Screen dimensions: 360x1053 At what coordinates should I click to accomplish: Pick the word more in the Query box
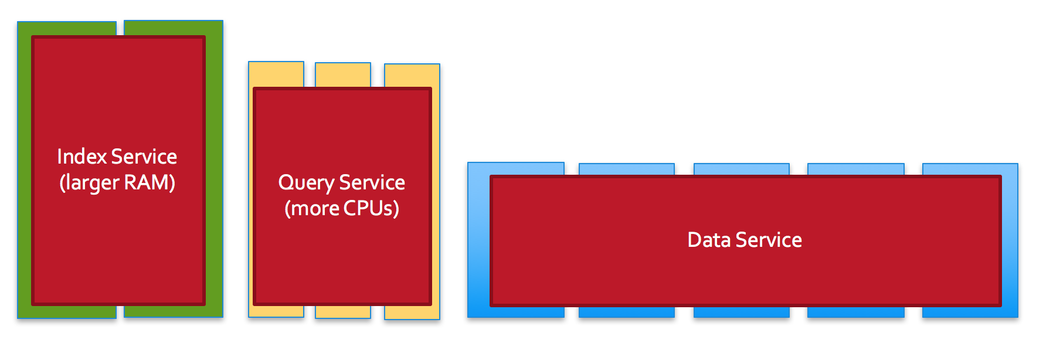point(314,209)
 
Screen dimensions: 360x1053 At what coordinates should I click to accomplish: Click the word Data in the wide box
point(708,240)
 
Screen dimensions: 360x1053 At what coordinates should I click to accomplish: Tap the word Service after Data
point(769,240)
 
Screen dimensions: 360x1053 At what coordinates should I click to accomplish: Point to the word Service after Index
point(144,157)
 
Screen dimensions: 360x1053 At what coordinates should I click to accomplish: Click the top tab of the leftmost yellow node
point(276,74)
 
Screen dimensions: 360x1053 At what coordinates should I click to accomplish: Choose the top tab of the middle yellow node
point(343,75)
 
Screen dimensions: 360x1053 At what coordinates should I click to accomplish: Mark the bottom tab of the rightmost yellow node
point(412,313)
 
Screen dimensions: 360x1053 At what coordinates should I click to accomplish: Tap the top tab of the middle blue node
point(742,169)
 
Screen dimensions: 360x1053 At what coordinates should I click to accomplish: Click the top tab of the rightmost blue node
point(970,169)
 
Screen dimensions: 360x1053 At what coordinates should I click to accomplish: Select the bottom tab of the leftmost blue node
point(516,311)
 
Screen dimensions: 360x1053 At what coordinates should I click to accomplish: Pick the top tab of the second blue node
point(627,169)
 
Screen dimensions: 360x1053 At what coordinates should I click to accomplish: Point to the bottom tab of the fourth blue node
point(856,311)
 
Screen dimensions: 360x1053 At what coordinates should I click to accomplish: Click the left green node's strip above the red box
point(67,29)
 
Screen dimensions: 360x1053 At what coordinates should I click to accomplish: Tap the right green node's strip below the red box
point(174,311)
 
